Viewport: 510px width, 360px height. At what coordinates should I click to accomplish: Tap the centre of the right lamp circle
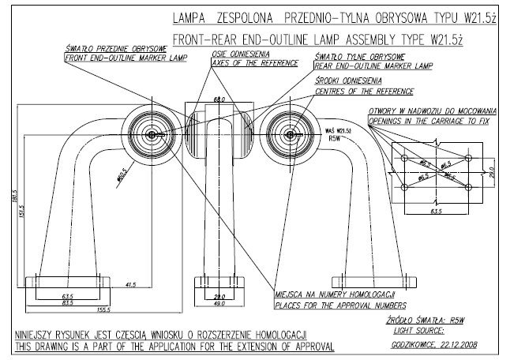tap(291, 135)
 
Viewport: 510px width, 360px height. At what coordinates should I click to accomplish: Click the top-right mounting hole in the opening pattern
tap(468, 159)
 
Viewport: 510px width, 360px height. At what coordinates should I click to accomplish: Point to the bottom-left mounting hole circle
tap(405, 186)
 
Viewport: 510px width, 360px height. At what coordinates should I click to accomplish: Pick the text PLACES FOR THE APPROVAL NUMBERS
tap(340, 303)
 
